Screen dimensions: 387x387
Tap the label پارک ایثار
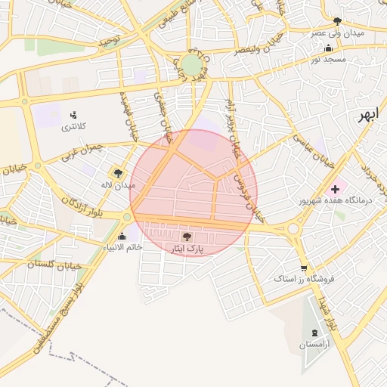coord(187,248)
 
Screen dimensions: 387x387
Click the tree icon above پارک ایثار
coord(187,237)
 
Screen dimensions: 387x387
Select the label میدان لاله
coord(119,184)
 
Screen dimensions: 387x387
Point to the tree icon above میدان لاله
coord(118,173)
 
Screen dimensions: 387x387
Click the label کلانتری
coord(73,126)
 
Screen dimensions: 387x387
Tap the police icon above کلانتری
coord(73,115)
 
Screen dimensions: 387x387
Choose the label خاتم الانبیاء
coord(123,248)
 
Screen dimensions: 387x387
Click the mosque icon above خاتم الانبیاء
coord(122,237)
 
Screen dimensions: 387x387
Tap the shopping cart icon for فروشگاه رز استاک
coord(304,268)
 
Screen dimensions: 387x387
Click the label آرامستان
coord(314,345)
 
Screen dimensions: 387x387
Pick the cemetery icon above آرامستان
coord(314,333)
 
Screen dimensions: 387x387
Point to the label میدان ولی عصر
coord(338,33)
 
